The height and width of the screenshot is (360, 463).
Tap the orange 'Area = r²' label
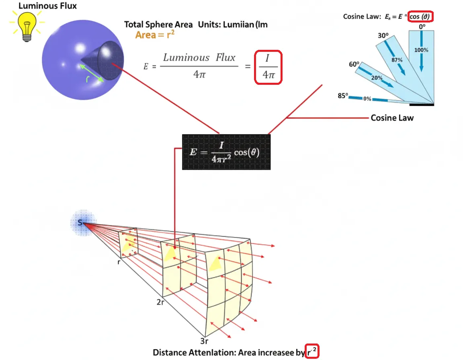pos(155,35)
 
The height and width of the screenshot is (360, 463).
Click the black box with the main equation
pos(226,152)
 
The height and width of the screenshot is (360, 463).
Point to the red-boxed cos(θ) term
pos(421,16)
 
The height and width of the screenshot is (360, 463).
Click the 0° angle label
pos(421,27)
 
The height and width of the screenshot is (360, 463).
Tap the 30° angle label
pos(383,35)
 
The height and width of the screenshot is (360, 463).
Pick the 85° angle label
pos(342,96)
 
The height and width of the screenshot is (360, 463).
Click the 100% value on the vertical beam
pos(421,50)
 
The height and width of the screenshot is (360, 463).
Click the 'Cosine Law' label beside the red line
pos(392,118)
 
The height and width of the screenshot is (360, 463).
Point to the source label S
pos(80,222)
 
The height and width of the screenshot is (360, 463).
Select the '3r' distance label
pos(204,342)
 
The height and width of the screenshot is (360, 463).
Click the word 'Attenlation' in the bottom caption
pos(213,352)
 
